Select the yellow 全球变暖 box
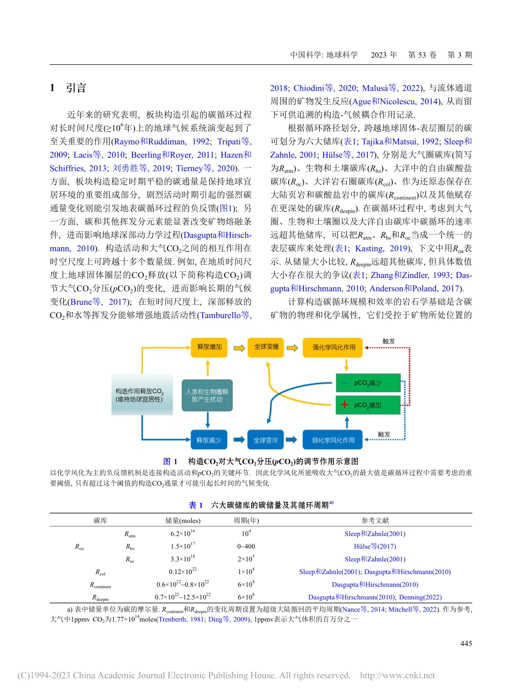click(x=266, y=347)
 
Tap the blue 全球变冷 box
click(x=266, y=439)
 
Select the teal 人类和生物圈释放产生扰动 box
click(x=207, y=396)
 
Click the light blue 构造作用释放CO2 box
click(x=140, y=396)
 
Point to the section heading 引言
click(x=75, y=88)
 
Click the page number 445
click(x=464, y=643)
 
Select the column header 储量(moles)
click(x=183, y=520)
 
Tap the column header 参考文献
click(x=375, y=520)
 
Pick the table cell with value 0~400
click(x=246, y=546)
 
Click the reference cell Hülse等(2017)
click(x=375, y=546)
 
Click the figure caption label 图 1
click(x=171, y=461)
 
